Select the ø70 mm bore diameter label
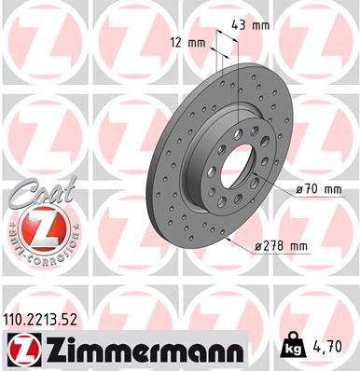319,190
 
